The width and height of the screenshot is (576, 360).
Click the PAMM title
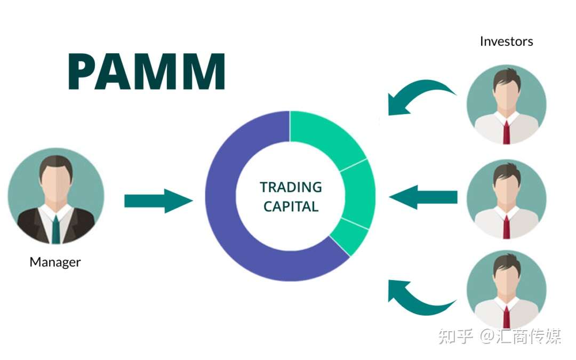[147, 71]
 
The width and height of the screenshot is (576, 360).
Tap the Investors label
[506, 41]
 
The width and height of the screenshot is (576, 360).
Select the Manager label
[55, 262]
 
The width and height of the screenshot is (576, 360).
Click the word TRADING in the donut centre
[291, 187]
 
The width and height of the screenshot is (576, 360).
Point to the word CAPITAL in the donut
[291, 206]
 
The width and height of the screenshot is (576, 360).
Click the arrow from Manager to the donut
[158, 201]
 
